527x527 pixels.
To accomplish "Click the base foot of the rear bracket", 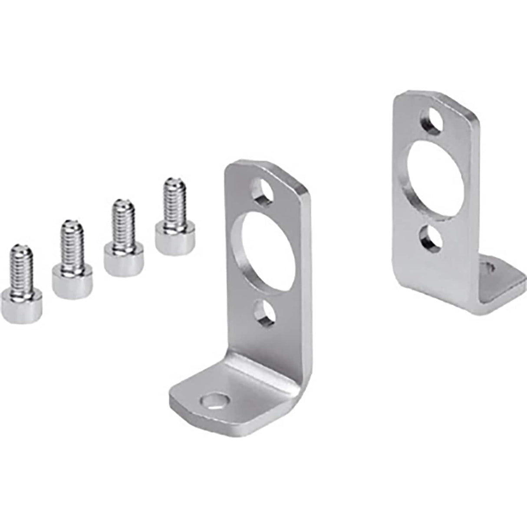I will [x=499, y=282].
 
